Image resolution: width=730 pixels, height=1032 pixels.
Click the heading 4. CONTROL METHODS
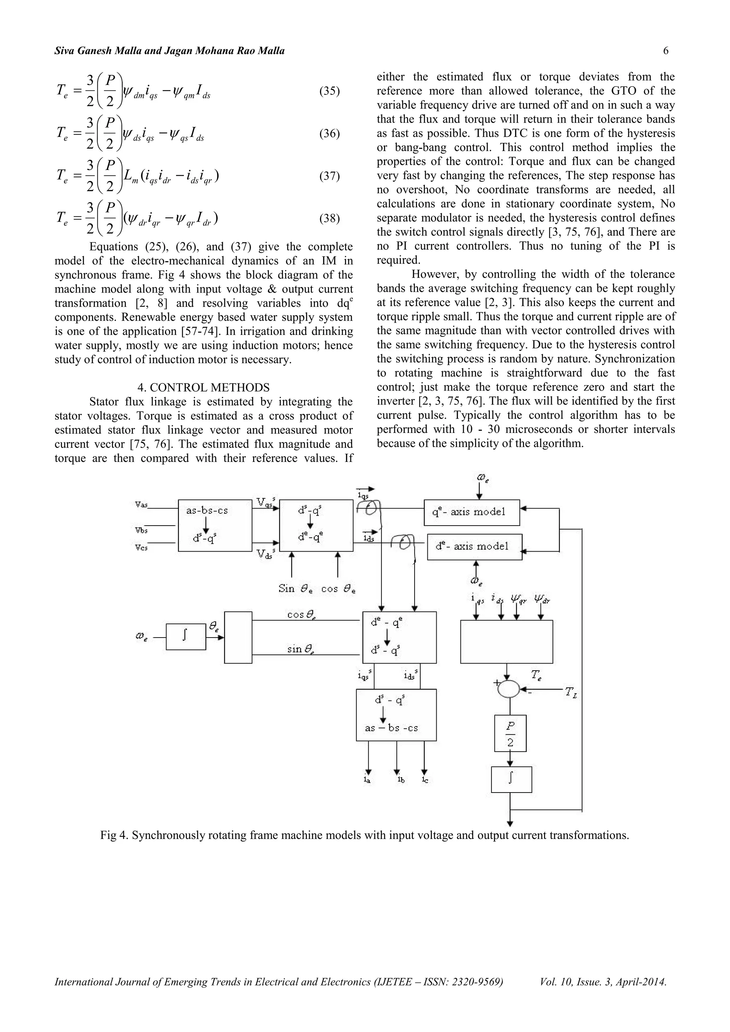[203, 387]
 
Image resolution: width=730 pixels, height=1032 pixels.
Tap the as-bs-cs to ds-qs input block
[215, 525]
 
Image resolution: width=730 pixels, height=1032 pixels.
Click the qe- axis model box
[472, 512]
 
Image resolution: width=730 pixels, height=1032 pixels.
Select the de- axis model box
[474, 547]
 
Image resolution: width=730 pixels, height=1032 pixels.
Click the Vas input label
[142, 504]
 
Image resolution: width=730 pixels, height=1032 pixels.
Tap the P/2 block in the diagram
[510, 733]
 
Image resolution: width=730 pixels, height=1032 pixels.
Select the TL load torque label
[571, 693]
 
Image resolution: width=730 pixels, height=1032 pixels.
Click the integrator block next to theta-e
[186, 636]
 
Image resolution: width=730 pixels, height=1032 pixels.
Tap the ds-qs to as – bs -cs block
[396, 715]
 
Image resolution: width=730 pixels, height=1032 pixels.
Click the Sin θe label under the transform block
[293, 589]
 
